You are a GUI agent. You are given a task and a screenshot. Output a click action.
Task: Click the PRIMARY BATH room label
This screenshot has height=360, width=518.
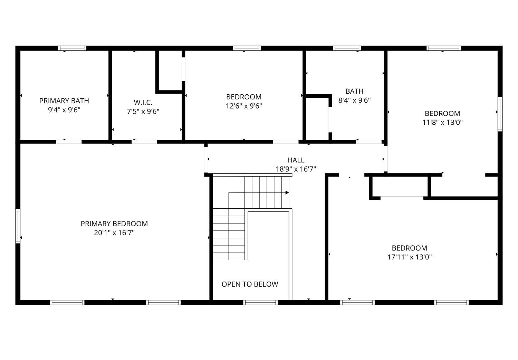64,101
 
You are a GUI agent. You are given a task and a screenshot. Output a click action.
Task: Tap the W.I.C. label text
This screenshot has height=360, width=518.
143,103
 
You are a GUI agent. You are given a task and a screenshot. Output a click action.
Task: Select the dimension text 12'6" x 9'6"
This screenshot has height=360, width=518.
244,106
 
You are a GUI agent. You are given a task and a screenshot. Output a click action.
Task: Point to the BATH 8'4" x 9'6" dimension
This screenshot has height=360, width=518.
354,100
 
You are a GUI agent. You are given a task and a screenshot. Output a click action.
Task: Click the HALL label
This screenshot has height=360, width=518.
296,160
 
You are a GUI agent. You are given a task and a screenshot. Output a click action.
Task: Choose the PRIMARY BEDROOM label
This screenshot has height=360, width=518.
114,224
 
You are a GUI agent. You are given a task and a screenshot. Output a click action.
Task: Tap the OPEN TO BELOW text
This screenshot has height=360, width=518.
250,284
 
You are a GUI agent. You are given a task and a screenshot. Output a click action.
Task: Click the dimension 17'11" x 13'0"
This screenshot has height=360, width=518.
410,257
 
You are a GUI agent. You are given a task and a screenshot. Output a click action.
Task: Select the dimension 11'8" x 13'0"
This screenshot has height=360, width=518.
442,122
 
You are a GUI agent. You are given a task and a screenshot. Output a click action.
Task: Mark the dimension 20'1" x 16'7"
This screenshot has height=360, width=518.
114,233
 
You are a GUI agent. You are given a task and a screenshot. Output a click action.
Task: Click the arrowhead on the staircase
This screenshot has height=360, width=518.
287,192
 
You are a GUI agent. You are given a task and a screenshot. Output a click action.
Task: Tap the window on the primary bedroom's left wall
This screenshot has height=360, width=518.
18,226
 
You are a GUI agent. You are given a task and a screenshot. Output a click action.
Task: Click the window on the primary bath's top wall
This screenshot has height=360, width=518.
72,48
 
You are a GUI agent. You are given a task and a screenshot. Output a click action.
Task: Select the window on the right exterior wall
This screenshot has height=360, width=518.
500,114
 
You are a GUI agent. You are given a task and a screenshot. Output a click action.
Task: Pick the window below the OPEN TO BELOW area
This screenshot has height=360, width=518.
260,302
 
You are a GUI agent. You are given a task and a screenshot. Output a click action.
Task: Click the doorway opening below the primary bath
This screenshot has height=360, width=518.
69,142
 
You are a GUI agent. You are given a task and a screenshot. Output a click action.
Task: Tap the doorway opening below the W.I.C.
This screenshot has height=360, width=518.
144,142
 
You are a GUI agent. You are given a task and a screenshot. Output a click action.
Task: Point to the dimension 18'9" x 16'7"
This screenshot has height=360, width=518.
296,169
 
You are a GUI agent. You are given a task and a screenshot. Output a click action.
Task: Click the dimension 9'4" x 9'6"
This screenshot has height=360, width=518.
64,110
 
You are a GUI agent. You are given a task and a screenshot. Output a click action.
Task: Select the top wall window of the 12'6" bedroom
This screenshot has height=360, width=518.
247,48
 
